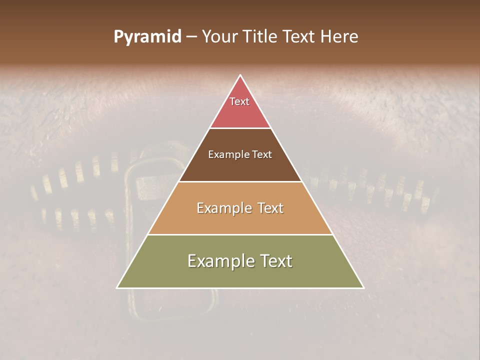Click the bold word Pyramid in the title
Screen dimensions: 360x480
(x=147, y=37)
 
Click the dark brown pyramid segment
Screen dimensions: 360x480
(x=240, y=167)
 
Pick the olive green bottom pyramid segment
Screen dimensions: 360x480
(x=240, y=275)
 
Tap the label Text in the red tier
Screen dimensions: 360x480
(x=239, y=101)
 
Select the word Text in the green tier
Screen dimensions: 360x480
(x=274, y=261)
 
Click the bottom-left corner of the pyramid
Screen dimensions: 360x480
(x=117, y=287)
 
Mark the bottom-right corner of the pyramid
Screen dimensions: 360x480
(x=363, y=287)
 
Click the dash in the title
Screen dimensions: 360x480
(x=191, y=37)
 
